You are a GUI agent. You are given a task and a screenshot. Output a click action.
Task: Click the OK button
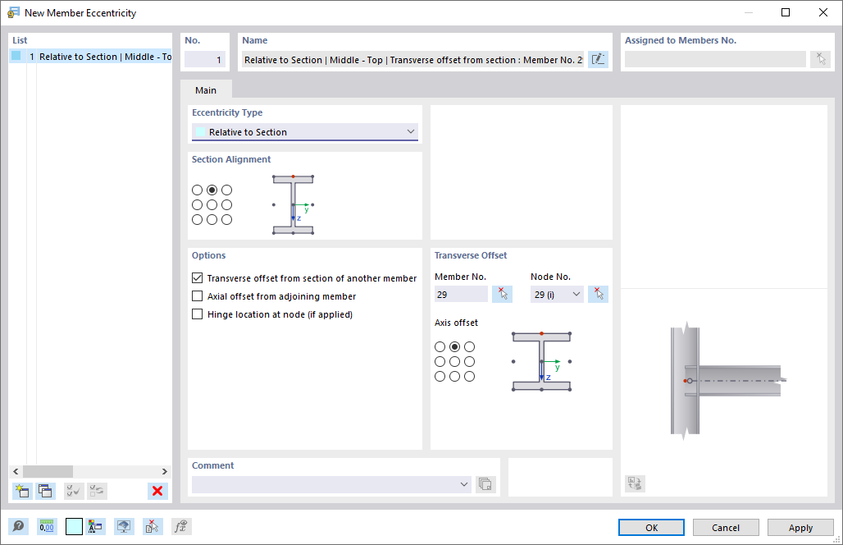[651, 527]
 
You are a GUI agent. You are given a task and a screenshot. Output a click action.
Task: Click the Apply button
[800, 527]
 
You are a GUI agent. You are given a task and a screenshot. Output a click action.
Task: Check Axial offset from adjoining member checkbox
[197, 296]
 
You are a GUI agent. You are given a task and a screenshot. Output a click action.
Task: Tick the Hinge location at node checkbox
[197, 314]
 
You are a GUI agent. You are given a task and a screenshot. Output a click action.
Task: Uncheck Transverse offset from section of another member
[197, 278]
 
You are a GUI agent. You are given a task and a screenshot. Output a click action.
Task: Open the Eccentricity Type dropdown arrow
[410, 132]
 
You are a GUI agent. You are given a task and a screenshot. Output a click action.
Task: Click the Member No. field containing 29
[461, 294]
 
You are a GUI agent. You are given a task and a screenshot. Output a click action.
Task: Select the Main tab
[206, 90]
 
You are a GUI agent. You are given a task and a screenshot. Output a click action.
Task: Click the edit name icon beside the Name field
[598, 59]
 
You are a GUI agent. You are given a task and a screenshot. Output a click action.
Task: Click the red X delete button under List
[157, 491]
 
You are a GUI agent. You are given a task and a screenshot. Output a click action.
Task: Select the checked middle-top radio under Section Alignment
[212, 190]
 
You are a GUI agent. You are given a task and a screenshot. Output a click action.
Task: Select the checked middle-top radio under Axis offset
[454, 347]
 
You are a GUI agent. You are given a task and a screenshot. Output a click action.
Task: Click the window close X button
[822, 12]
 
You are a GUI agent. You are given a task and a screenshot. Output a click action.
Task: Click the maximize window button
[786, 12]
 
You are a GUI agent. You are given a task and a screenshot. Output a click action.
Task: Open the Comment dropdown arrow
[465, 485]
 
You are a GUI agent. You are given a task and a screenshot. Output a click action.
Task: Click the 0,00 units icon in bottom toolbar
[46, 527]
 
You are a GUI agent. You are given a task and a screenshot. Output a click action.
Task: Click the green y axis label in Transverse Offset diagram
[558, 367]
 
